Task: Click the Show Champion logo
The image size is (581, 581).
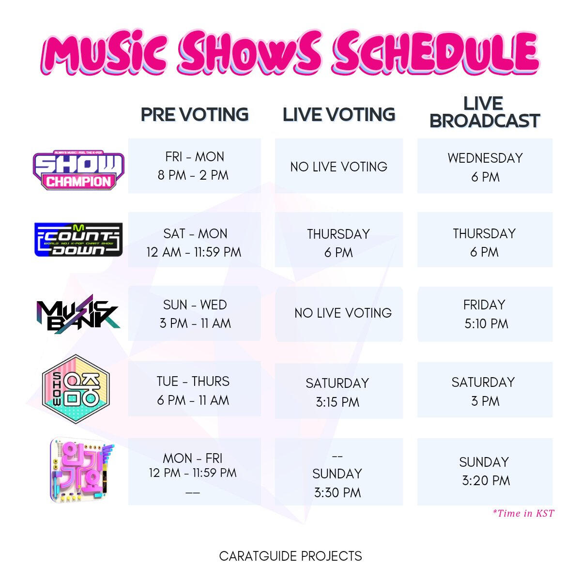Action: point(78,170)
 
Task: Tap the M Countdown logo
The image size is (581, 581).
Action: point(78,239)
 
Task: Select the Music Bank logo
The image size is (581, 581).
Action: point(78,314)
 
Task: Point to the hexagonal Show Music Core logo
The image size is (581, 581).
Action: point(76,389)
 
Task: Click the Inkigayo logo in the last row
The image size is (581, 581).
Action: point(81,470)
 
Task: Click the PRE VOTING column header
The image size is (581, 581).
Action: point(195,115)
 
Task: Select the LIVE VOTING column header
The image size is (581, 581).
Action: point(339,115)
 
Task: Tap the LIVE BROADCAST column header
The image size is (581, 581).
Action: point(485,112)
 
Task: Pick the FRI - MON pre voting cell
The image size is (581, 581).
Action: point(195,166)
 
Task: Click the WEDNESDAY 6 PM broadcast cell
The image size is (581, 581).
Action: point(485,166)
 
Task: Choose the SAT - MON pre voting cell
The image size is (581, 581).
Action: point(195,240)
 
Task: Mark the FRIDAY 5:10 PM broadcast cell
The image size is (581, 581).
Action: point(485,314)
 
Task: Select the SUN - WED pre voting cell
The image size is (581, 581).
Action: point(195,314)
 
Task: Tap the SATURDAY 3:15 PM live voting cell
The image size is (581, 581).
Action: point(339,391)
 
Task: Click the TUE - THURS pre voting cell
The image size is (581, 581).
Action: point(195,389)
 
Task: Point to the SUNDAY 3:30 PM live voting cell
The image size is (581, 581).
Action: point(339,472)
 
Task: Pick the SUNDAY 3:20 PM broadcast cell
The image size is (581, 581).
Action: point(485,472)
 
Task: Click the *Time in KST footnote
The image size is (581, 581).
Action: point(523,513)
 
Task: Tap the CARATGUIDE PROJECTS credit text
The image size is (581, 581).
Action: point(290,556)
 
